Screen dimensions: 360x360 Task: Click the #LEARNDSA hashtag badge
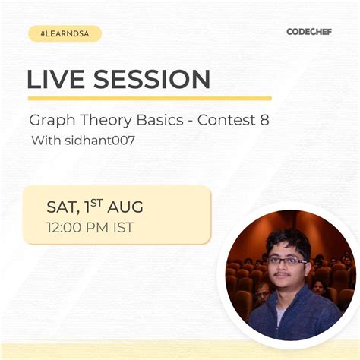click(65, 33)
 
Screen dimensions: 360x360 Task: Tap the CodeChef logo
click(309, 32)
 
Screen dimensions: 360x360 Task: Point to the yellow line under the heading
click(149, 98)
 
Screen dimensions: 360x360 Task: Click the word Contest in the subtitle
click(225, 121)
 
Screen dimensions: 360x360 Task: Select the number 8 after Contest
click(264, 121)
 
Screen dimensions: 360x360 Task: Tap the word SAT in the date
click(60, 207)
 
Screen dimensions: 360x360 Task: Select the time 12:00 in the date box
click(66, 226)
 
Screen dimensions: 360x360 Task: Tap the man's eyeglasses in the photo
click(288, 261)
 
